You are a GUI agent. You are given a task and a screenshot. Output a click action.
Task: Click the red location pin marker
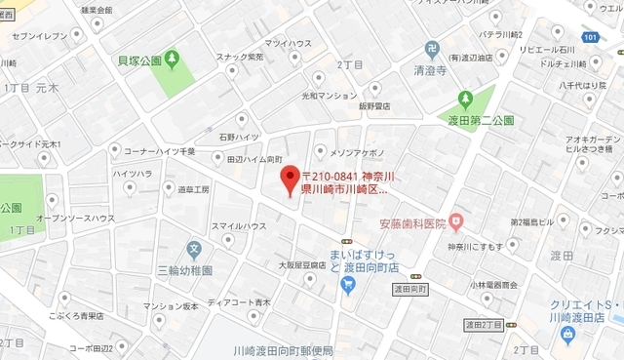(289, 180)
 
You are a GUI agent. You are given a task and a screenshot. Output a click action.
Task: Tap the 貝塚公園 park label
(139, 60)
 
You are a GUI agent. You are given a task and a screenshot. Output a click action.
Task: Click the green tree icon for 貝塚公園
(173, 59)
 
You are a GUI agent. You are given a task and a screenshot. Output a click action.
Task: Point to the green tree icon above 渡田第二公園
(466, 100)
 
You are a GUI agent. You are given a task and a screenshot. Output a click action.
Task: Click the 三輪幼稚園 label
(188, 268)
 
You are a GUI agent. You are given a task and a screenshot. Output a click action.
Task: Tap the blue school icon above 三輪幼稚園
(195, 249)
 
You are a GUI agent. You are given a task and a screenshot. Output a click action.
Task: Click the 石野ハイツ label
(211, 138)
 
